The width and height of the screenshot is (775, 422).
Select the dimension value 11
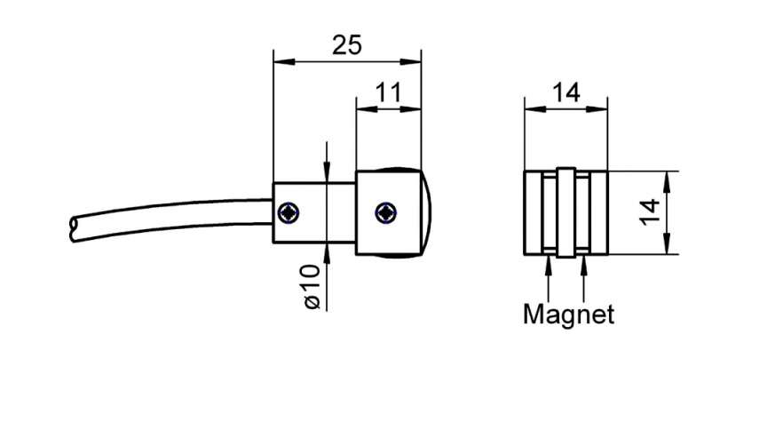tap(388, 92)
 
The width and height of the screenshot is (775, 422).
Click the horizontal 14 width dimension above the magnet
tap(566, 92)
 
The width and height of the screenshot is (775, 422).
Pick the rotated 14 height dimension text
tap(650, 211)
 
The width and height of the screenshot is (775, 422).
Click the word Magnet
tap(567, 314)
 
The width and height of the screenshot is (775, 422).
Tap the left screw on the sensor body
tap(289, 212)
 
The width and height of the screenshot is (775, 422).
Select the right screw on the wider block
tap(385, 212)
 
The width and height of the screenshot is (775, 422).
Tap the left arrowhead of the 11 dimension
tap(362, 110)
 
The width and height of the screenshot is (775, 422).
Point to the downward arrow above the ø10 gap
tap(328, 176)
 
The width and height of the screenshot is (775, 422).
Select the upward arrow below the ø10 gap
tap(328, 250)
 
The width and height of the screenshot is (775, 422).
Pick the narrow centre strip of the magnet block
tap(566, 211)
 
